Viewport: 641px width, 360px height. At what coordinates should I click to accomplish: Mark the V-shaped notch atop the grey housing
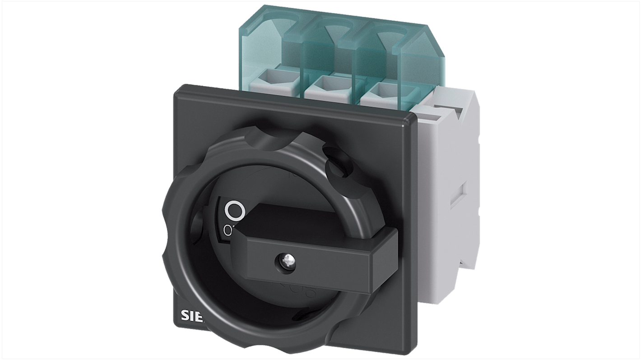coord(454,111)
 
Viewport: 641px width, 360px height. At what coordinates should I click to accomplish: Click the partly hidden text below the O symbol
coord(228,231)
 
